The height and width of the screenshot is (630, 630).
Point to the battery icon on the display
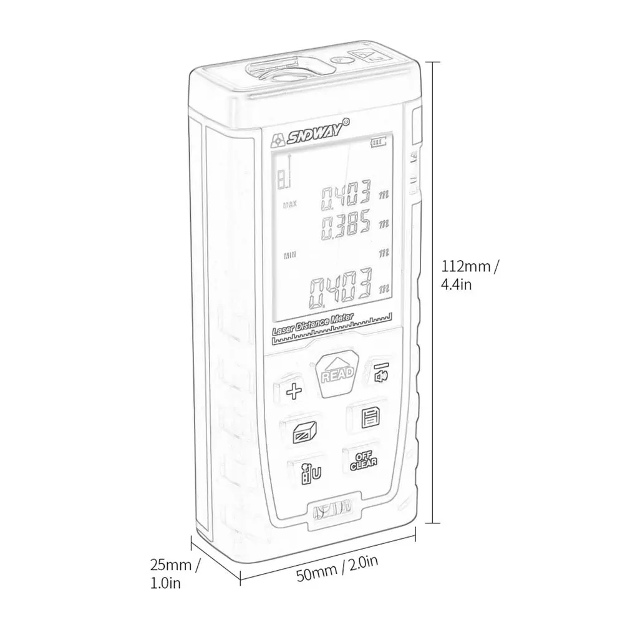(378, 142)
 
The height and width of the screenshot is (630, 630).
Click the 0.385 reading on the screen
(346, 224)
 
